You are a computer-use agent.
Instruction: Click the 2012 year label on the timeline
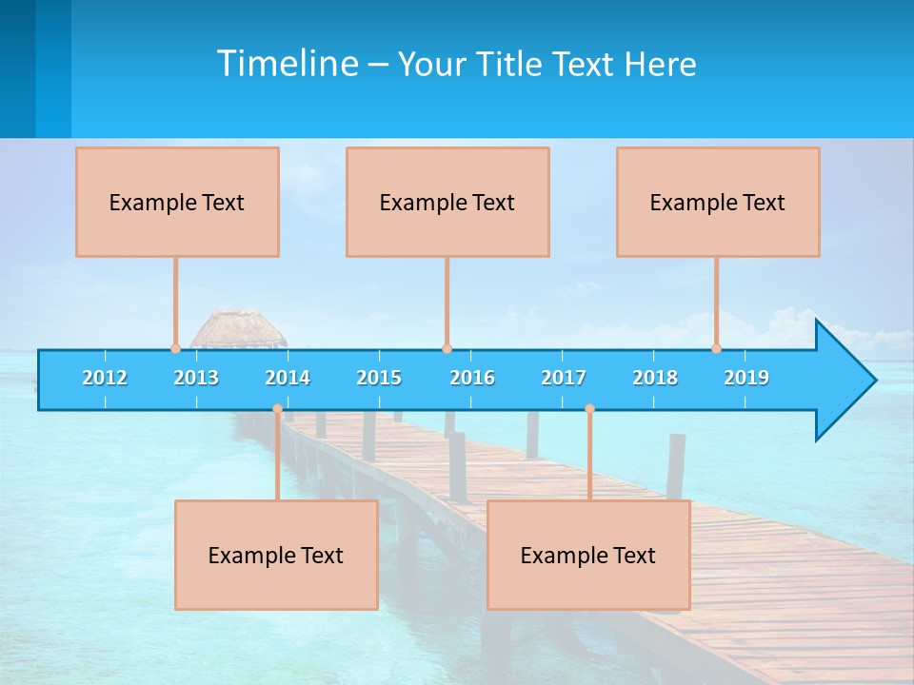[x=105, y=378]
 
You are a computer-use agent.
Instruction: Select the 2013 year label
[x=196, y=378]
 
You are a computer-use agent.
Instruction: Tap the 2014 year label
[x=288, y=378]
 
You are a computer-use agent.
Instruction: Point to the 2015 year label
[x=379, y=378]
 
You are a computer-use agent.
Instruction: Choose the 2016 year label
[x=472, y=378]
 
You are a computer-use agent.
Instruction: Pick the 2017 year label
[x=564, y=378]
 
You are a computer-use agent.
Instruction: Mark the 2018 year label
[x=655, y=378]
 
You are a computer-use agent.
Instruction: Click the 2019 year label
[x=746, y=378]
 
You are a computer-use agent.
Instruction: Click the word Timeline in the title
[x=287, y=64]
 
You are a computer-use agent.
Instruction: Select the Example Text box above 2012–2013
[x=177, y=202]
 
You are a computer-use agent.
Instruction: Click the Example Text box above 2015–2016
[x=447, y=202]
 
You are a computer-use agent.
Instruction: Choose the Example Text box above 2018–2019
[x=718, y=202]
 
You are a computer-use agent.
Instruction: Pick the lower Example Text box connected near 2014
[x=276, y=555]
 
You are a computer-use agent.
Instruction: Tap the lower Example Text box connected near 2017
[x=588, y=555]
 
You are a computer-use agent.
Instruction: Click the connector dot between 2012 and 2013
[x=175, y=348]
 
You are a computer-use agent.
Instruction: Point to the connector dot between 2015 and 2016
[x=447, y=348]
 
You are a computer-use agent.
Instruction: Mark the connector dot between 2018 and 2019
[x=717, y=348]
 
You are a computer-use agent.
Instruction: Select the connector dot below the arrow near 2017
[x=589, y=409]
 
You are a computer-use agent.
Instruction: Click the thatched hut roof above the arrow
[x=237, y=327]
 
